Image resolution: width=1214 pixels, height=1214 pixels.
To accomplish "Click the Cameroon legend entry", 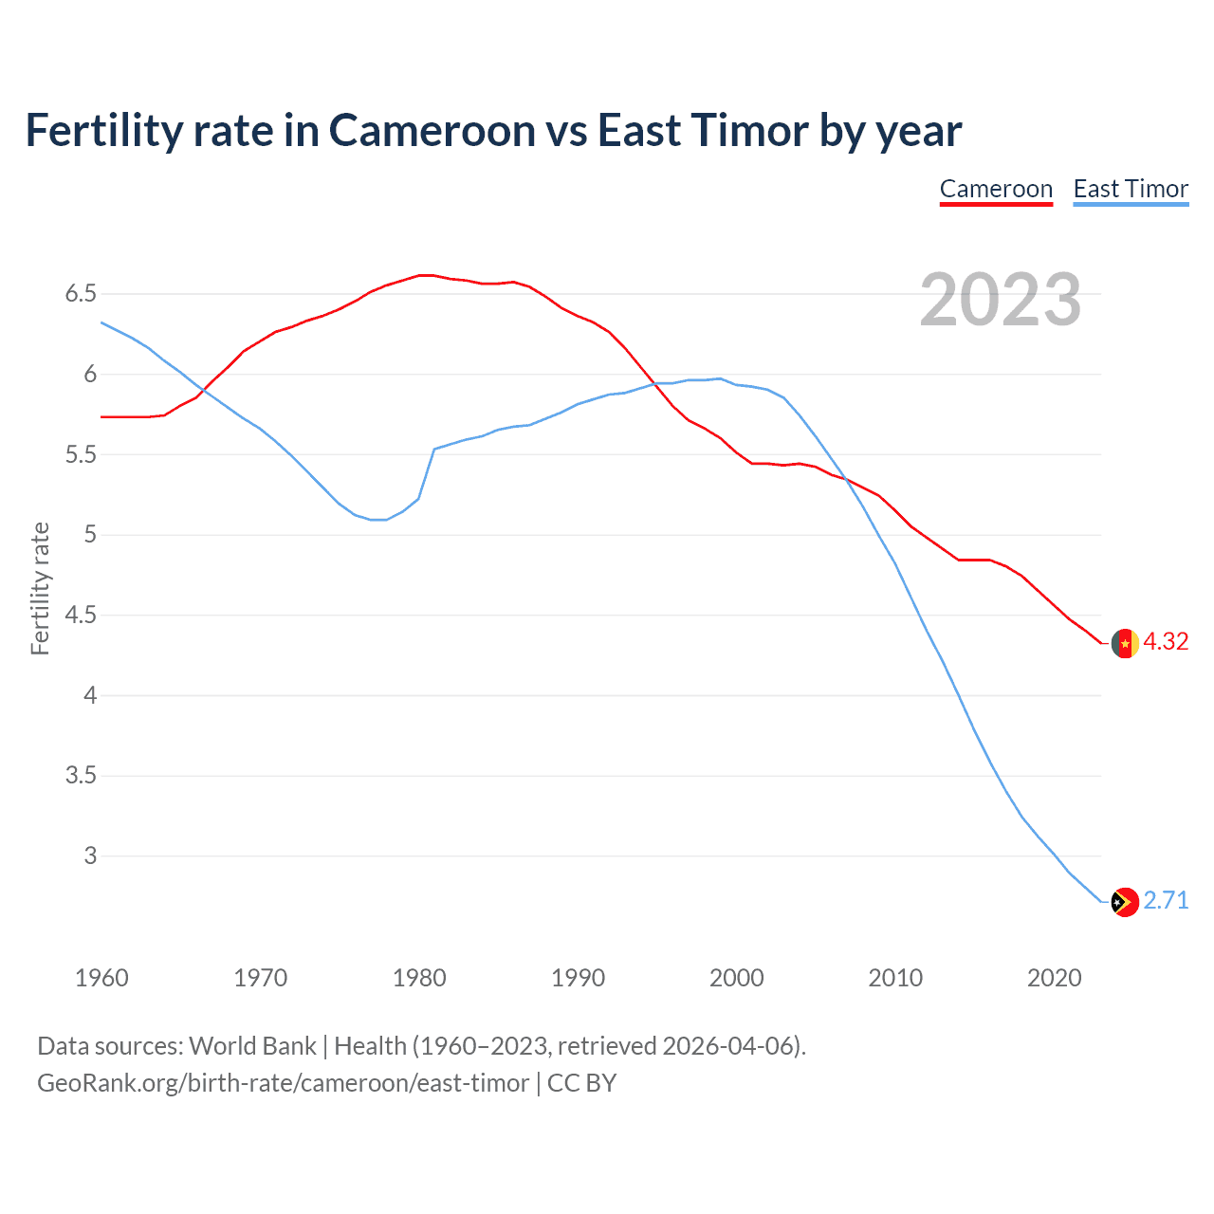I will tap(996, 189).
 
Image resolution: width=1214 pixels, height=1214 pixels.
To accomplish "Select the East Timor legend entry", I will tap(1131, 189).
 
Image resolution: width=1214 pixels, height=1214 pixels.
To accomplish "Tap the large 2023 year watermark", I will tap(1000, 300).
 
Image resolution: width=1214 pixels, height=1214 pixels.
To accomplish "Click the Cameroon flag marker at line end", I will tap(1125, 643).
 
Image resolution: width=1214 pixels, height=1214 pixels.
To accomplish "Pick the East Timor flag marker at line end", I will tap(1125, 902).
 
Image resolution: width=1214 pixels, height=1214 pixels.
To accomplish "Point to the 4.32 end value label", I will tap(1166, 642).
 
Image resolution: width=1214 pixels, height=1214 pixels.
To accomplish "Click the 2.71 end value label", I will tap(1166, 901).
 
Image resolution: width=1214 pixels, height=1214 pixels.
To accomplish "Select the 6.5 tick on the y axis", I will tap(81, 294).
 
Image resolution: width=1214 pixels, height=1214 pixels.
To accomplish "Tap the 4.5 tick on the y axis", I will tap(81, 616).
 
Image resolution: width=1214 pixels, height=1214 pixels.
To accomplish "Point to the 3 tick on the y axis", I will tap(90, 855).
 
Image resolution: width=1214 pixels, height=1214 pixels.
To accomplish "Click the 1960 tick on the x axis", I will tap(101, 978).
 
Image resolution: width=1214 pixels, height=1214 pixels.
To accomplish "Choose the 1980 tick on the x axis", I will tap(419, 978).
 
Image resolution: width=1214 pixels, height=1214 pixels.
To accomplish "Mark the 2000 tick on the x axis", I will tap(737, 978).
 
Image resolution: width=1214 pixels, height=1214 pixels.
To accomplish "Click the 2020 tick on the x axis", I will tap(1054, 978).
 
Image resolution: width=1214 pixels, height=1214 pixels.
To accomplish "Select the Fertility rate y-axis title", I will tap(40, 588).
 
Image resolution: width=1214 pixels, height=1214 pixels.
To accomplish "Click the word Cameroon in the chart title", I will tap(432, 131).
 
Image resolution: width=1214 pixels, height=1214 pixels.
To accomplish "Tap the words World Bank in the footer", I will tap(252, 1046).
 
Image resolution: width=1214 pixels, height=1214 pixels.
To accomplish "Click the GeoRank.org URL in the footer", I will tap(283, 1083).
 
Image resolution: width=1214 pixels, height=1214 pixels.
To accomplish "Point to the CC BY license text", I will tap(582, 1083).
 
